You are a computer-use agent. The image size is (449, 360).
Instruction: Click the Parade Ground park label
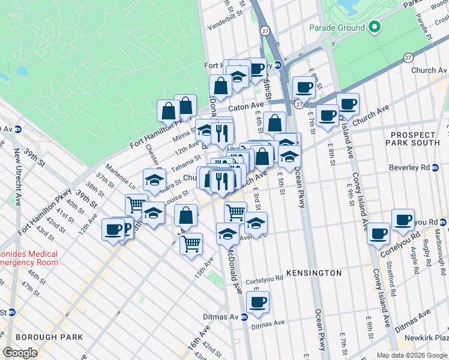tap(337, 28)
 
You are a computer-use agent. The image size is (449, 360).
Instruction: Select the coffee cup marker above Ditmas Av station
tap(258, 302)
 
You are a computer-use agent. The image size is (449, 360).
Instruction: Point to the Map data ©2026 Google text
tap(411, 355)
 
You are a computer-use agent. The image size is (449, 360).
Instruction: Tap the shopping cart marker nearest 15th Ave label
tap(191, 244)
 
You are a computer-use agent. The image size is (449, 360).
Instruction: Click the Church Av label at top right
tap(429, 70)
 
